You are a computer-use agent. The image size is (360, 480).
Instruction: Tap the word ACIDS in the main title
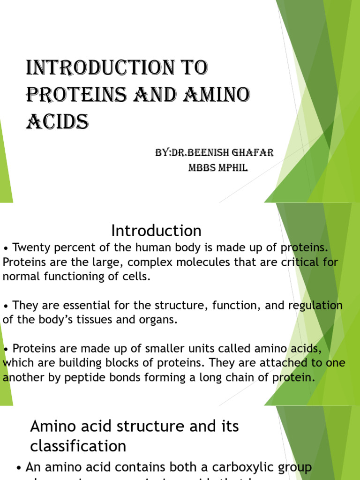(57, 122)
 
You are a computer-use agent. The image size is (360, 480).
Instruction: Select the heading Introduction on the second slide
(156, 231)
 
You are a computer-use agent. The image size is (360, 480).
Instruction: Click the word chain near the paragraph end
(234, 378)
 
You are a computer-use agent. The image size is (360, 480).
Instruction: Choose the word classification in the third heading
(78, 446)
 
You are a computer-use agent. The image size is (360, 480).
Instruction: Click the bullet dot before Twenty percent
(6, 248)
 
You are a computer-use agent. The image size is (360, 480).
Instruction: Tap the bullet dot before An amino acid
(19, 468)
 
